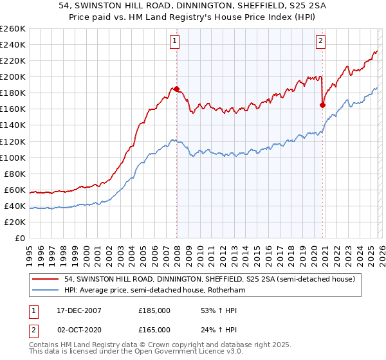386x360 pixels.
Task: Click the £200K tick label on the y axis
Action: click(x=12, y=76)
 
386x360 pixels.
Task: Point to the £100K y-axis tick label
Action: click(x=12, y=157)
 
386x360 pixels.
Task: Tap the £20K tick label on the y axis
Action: click(x=15, y=222)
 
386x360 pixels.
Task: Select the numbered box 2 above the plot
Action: click(x=320, y=41)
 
